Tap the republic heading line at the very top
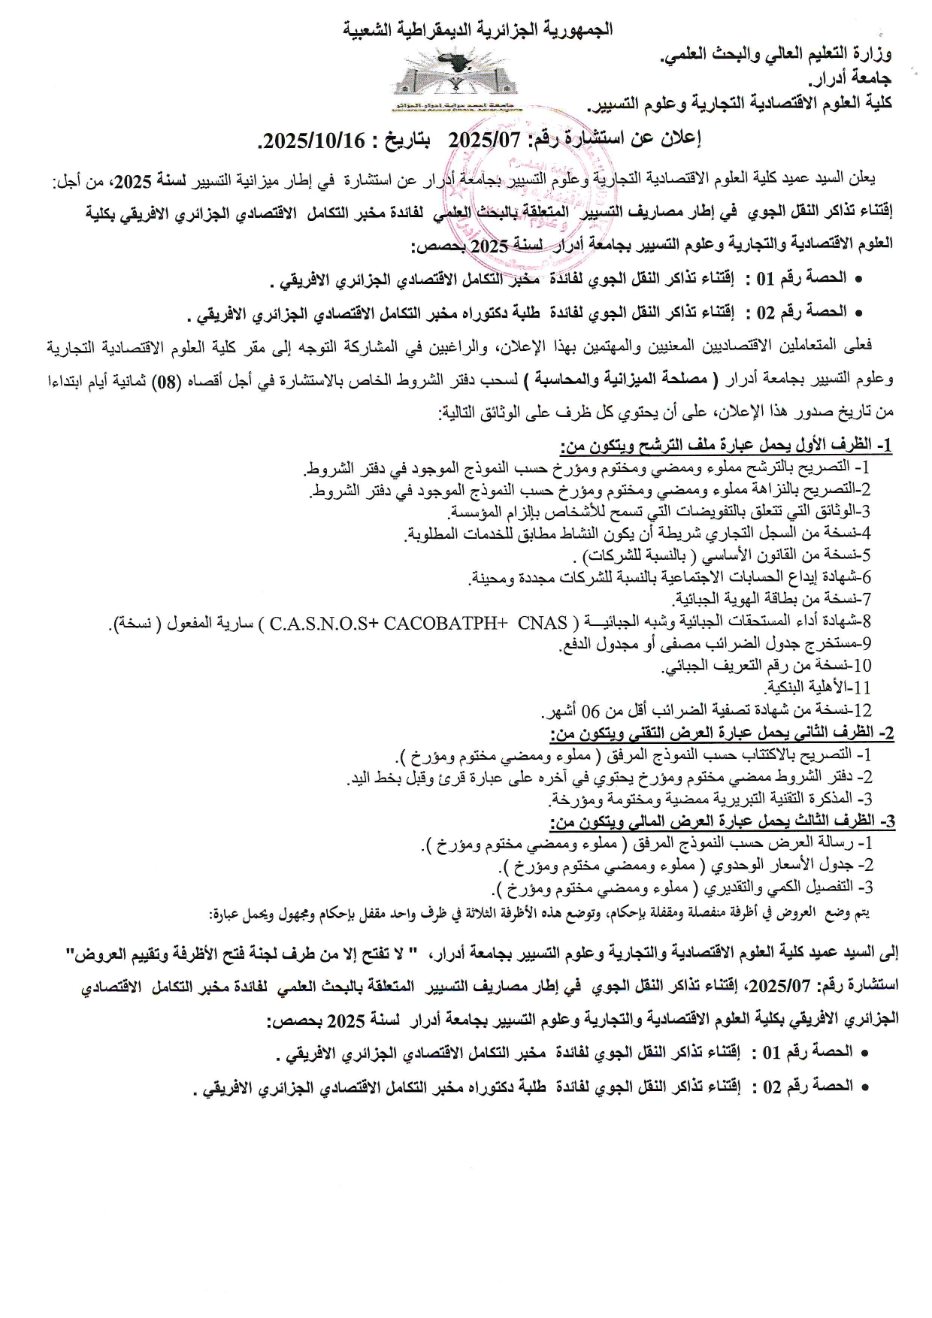478,30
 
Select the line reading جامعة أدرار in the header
850,78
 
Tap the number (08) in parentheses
693,381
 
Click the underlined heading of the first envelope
727,446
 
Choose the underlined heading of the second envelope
722,733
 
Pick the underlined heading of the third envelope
722,821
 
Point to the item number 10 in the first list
863,666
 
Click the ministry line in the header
775,54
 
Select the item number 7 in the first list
867,600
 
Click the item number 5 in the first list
867,556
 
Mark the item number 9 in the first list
867,644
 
